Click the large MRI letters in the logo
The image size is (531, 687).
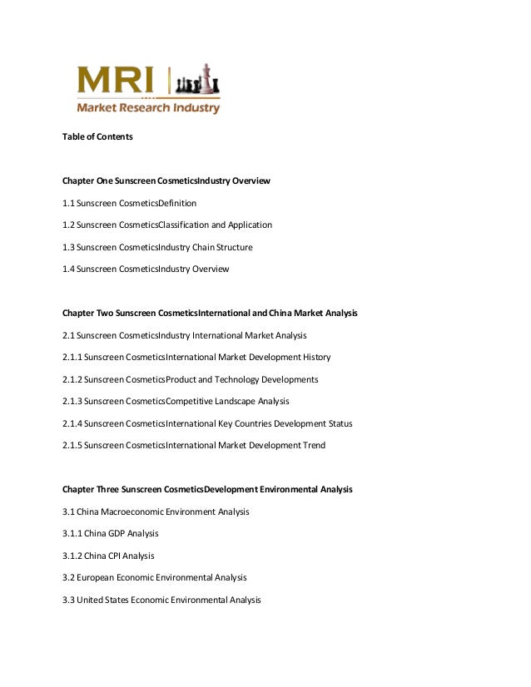click(x=117, y=81)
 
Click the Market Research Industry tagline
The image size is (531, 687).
click(x=148, y=107)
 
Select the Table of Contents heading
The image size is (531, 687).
click(x=97, y=136)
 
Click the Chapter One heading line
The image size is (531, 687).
click(x=166, y=180)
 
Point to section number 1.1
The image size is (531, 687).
click(x=68, y=203)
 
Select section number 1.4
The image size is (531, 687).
click(x=68, y=269)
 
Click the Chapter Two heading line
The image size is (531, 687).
click(x=210, y=314)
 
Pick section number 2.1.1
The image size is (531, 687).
click(x=72, y=358)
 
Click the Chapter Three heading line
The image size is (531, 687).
click(x=207, y=490)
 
